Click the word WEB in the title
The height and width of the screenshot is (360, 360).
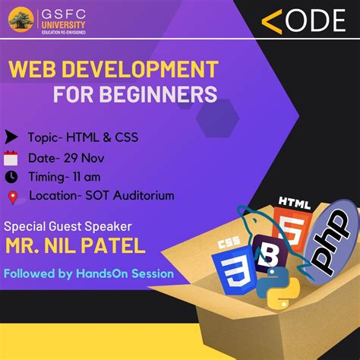[x=32, y=71]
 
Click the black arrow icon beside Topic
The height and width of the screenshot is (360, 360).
[x=11, y=137]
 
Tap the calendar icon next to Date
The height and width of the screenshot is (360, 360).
[x=11, y=158]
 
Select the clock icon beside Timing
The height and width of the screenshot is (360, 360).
[x=11, y=177]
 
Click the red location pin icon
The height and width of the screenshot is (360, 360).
[x=11, y=197]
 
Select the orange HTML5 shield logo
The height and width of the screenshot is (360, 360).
[x=292, y=225]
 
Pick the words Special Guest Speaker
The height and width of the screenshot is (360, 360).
[x=68, y=226]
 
